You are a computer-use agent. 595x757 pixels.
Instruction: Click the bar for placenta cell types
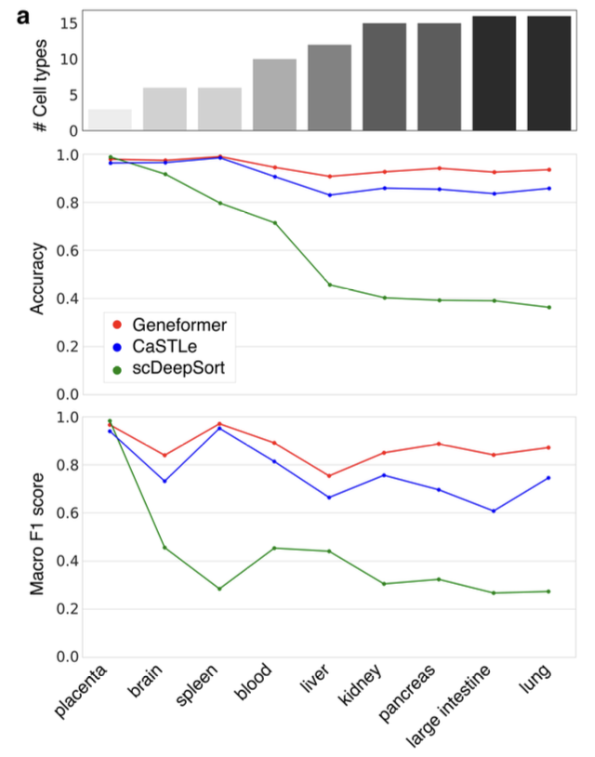tap(110, 120)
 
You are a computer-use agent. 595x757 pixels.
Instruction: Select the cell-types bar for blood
tap(274, 95)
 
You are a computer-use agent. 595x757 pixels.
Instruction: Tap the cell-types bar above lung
tap(549, 73)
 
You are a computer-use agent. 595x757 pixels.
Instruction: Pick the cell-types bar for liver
tap(329, 87)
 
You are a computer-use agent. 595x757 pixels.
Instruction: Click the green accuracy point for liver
tap(329, 285)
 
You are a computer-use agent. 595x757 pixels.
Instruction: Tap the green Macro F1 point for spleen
tap(219, 589)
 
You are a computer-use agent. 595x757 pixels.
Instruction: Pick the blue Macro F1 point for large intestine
tap(494, 511)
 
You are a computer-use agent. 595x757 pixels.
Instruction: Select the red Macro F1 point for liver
tap(329, 476)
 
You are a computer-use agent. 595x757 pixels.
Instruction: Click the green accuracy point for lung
tap(549, 307)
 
